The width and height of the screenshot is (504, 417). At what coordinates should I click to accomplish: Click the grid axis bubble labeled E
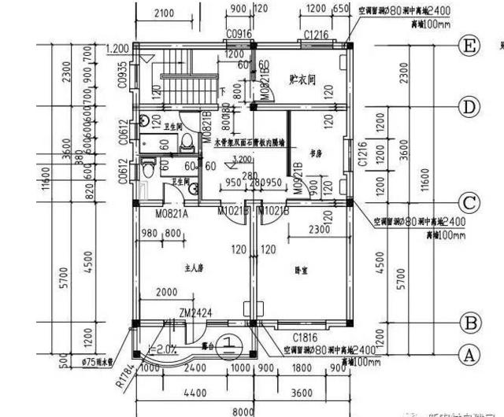point(470,46)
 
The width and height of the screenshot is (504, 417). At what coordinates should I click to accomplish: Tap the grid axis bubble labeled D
point(470,106)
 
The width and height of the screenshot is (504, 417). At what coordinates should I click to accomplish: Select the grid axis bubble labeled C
point(470,204)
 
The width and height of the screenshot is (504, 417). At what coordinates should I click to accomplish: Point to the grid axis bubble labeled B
point(470,323)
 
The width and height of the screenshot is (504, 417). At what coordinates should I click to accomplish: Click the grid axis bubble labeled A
point(470,355)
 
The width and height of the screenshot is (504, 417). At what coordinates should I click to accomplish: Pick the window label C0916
point(239,34)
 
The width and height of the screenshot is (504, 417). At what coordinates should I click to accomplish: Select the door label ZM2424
point(195,312)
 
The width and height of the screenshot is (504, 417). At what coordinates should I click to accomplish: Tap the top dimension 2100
point(165,13)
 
